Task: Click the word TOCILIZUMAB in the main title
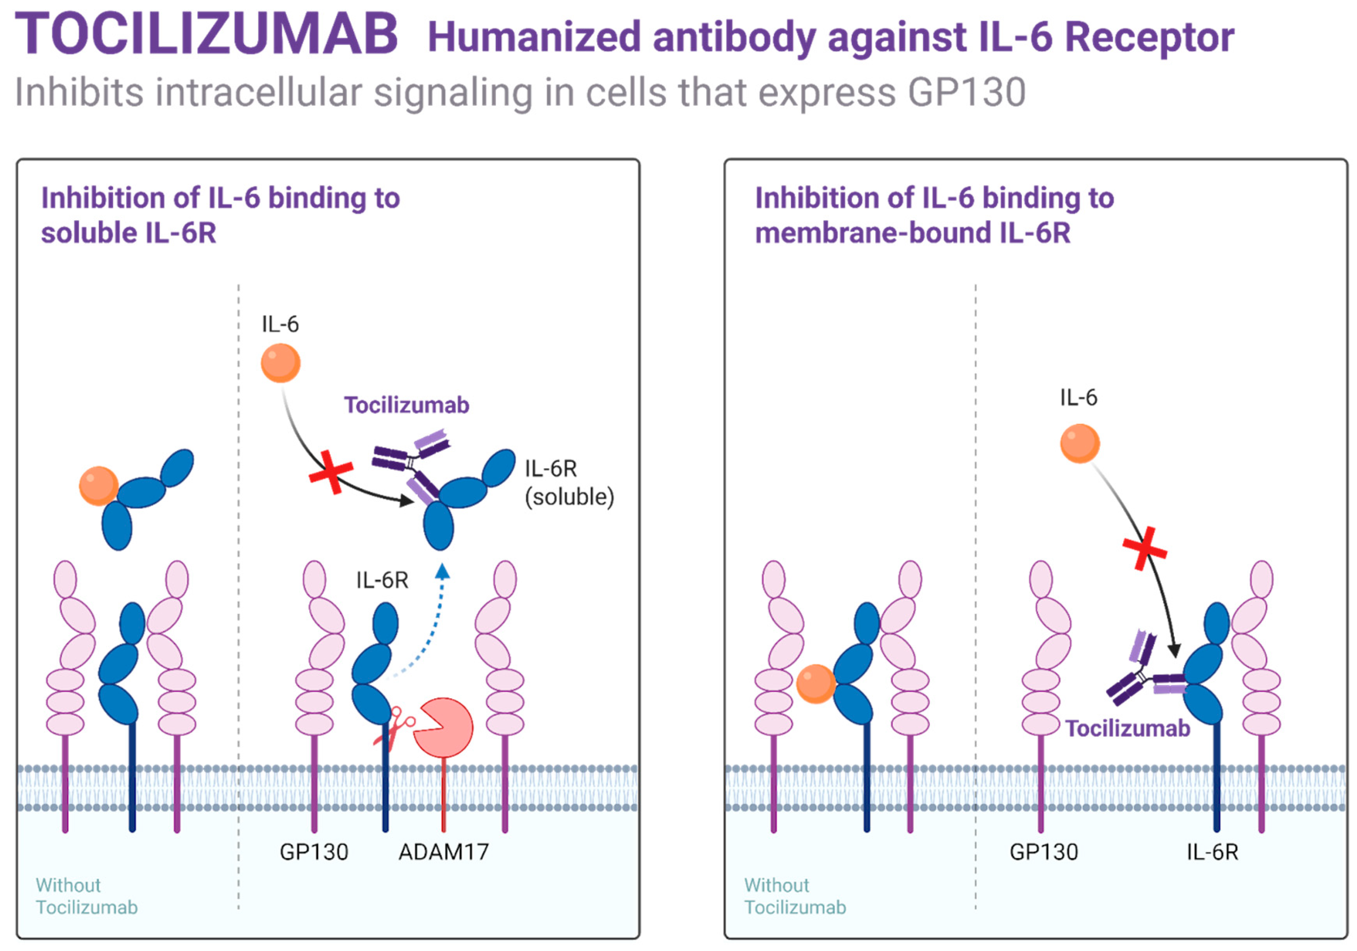pyautogui.click(x=206, y=34)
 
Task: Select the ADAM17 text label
pyautogui.click(x=443, y=852)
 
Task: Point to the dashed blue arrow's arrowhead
pyautogui.click(x=442, y=570)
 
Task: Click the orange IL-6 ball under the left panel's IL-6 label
pyautogui.click(x=281, y=363)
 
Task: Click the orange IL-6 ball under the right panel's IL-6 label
pyautogui.click(x=1079, y=443)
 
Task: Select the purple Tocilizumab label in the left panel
pyautogui.click(x=407, y=405)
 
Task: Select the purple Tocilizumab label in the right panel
pyautogui.click(x=1127, y=728)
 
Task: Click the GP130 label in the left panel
pyautogui.click(x=314, y=852)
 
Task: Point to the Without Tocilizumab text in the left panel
pyautogui.click(x=86, y=896)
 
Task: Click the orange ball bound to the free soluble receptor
pyautogui.click(x=99, y=486)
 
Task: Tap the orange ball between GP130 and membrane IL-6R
pyautogui.click(x=816, y=684)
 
